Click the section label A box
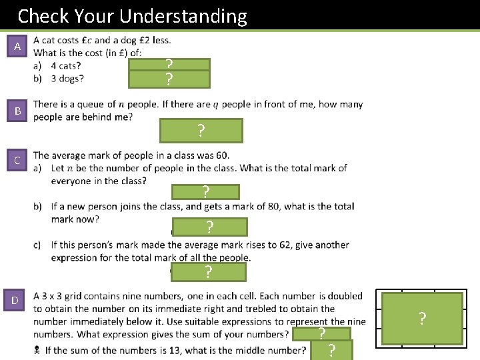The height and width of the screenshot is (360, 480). pyautogui.click(x=17, y=47)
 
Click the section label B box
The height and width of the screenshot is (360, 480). pyautogui.click(x=17, y=111)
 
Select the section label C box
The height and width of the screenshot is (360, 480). pyautogui.click(x=17, y=161)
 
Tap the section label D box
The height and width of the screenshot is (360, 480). pyautogui.click(x=15, y=300)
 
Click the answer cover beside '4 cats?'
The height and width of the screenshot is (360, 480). pyautogui.click(x=169, y=65)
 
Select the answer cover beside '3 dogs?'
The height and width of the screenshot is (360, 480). pyautogui.click(x=169, y=80)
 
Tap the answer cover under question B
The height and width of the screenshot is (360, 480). pyautogui.click(x=201, y=131)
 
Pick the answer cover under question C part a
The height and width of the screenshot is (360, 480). pyautogui.click(x=205, y=193)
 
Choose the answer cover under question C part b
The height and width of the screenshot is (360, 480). pyautogui.click(x=209, y=227)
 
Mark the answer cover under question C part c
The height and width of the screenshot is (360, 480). pyautogui.click(x=208, y=272)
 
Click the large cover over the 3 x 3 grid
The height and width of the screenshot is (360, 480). pyautogui.click(x=422, y=319)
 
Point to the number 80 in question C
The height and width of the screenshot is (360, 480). pyautogui.click(x=269, y=207)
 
